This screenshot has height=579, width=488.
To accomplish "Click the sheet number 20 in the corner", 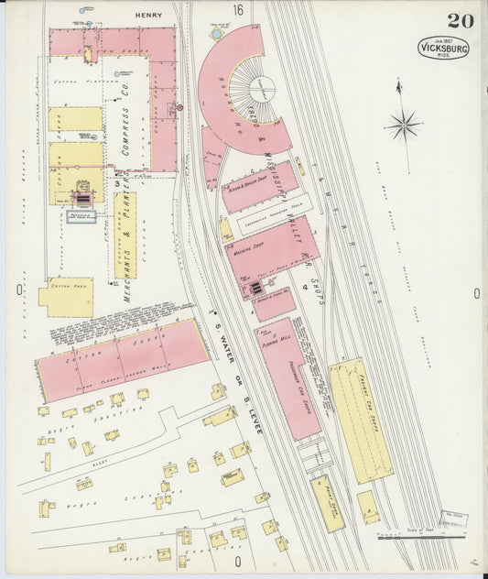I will coord(460,21).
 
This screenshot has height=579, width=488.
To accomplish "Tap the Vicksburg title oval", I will coord(444,48).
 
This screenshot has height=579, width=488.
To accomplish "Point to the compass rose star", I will coord(403,124).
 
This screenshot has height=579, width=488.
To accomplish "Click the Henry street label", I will coord(147,16).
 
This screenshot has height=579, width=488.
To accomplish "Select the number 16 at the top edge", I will coord(238,11).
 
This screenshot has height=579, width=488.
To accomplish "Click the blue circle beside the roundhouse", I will coord(216,34).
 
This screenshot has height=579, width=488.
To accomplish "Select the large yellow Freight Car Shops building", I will coord(360,419).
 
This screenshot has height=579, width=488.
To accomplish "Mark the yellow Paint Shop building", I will coord(327,503).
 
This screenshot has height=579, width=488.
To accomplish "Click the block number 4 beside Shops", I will coord(303,287).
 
